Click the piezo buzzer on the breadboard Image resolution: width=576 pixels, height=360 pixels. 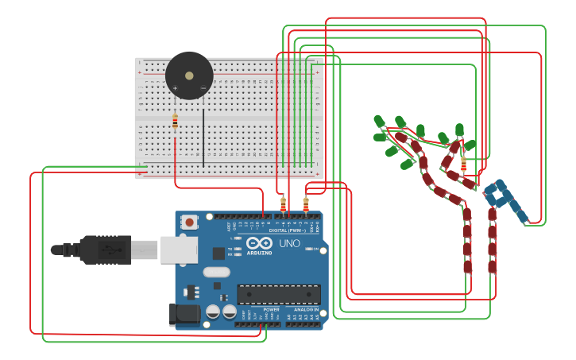tap(189, 75)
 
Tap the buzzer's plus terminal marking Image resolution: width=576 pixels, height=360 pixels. tap(176, 87)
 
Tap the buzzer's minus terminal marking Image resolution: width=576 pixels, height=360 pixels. tap(203, 87)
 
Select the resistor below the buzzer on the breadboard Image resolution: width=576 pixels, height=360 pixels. tap(175, 122)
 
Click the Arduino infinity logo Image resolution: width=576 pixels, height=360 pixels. tap(259, 244)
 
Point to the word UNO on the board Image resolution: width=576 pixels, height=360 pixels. tap(289, 243)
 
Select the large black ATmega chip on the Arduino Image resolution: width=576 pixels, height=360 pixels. tap(279, 294)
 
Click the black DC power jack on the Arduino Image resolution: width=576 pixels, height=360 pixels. tap(186, 315)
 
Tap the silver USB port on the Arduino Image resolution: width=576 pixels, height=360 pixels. tap(179, 249)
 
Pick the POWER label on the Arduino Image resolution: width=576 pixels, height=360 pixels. tap(271, 309)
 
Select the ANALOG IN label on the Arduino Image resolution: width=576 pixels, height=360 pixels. tap(305, 309)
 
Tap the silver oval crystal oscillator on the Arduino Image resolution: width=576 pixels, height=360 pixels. tap(216, 273)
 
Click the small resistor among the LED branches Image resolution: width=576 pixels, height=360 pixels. tap(463, 164)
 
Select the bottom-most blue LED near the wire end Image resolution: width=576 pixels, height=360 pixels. tap(521, 215)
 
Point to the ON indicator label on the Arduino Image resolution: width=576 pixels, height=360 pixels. tap(315, 250)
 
